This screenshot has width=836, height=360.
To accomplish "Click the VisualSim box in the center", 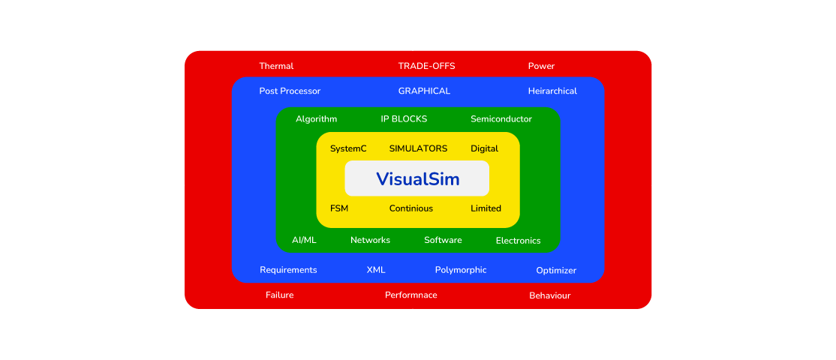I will point(417,179).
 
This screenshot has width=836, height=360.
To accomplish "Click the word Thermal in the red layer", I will point(276,66).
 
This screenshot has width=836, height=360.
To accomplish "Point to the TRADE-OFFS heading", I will point(426,66).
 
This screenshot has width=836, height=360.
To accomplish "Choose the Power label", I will point(541,66).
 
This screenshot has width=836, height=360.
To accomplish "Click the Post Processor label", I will point(290,91).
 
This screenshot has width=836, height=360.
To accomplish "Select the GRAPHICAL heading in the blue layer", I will point(424,91).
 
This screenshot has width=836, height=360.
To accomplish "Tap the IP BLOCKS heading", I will point(404,119).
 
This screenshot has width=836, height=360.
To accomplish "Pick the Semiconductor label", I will point(501,119).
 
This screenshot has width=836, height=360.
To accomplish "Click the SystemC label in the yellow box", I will point(348,148).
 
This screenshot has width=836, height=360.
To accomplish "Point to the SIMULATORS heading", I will point(418,148).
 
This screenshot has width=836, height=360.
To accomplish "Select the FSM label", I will point(339,208).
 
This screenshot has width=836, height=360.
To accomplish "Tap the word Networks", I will point(370,240).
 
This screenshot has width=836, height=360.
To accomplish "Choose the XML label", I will point(376,270).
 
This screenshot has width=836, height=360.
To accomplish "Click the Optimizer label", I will point(556,271).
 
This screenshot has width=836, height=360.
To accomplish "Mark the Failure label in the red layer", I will point(280,295).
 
